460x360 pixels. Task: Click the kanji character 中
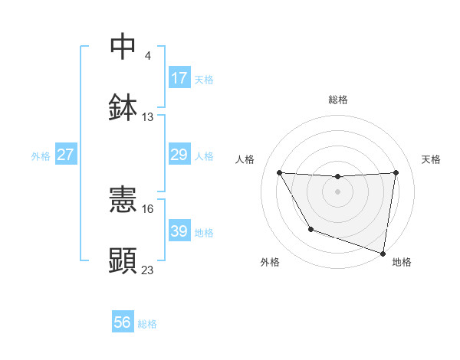(123, 46)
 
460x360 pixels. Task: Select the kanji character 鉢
(123, 107)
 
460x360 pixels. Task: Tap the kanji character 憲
(123, 201)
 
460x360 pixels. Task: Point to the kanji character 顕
(123, 260)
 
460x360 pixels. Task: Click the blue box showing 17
(179, 77)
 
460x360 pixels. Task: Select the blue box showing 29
(179, 155)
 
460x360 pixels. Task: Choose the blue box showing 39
(179, 231)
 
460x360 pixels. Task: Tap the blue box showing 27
(65, 155)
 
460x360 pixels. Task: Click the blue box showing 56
(123, 322)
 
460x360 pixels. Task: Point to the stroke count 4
(147, 55)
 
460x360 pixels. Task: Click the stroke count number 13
(148, 117)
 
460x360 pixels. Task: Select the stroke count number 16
(148, 208)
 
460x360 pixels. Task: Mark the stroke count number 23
(148, 270)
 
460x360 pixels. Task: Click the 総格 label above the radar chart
(338, 100)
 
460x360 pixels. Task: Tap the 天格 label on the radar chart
(432, 159)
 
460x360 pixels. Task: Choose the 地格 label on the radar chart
(402, 262)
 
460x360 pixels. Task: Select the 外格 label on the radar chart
(270, 262)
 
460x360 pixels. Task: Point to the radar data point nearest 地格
(383, 252)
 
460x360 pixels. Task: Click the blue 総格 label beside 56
(147, 324)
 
